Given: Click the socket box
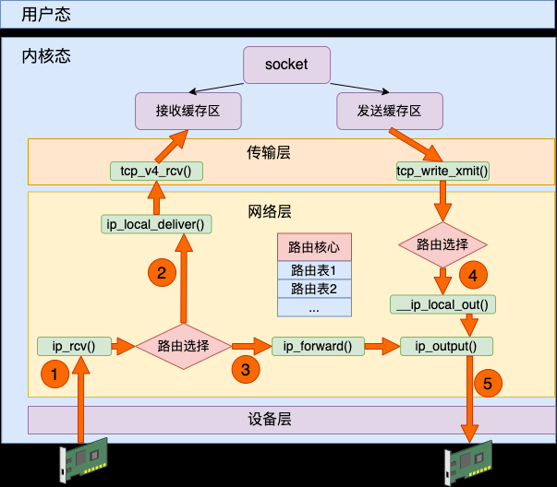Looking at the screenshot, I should tap(286, 64).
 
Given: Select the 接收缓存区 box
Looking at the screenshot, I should tap(188, 111).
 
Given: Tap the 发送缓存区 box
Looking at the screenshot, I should tap(389, 111).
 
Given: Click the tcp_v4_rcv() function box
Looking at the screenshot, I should tap(156, 171).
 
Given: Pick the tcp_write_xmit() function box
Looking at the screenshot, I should tap(442, 171).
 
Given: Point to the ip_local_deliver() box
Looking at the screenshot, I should tap(156, 223).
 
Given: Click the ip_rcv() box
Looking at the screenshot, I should tap(74, 347).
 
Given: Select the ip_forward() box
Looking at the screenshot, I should tap(318, 347).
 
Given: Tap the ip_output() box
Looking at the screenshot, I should tap(446, 347).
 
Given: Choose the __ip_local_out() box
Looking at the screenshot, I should tap(443, 304).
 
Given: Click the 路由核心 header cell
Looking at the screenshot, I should tap(314, 247).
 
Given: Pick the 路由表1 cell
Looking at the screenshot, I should tap(314, 271).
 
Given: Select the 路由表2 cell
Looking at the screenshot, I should tap(314, 290).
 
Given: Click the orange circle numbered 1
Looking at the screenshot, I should tap(54, 374).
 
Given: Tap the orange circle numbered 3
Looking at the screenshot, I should tap(245, 369).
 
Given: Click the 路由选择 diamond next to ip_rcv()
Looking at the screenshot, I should tap(182, 347).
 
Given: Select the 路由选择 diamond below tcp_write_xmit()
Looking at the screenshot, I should tap(442, 245).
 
